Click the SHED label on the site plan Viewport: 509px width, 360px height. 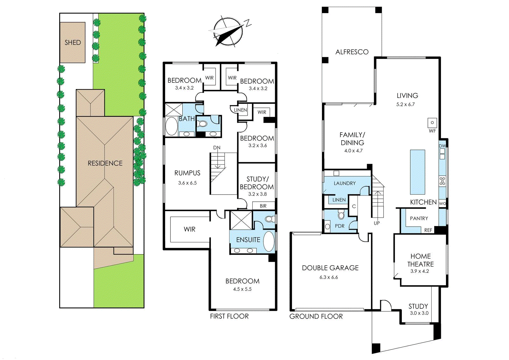[73, 43]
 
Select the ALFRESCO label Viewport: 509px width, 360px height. [352, 52]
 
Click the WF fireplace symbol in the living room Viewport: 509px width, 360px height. [432, 123]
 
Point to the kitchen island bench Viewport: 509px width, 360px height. [417, 172]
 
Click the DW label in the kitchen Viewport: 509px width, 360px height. [443, 146]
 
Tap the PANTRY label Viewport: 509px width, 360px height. [419, 218]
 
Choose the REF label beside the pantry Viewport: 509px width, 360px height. [428, 230]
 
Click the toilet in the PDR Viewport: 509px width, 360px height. [341, 215]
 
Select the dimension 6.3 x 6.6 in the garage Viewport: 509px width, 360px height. [329, 277]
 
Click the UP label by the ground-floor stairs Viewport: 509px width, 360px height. [377, 223]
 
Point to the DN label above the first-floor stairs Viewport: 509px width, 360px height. [217, 148]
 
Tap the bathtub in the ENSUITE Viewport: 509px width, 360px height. [269, 241]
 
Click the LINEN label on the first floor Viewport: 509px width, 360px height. [241, 110]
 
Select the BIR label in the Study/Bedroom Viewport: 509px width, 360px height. [263, 206]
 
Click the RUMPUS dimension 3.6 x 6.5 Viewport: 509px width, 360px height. [187, 183]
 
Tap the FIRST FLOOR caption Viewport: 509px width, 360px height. [229, 316]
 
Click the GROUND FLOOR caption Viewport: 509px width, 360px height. [316, 316]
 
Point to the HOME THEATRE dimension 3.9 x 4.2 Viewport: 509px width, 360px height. [420, 271]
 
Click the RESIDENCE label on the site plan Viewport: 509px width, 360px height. [105, 163]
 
